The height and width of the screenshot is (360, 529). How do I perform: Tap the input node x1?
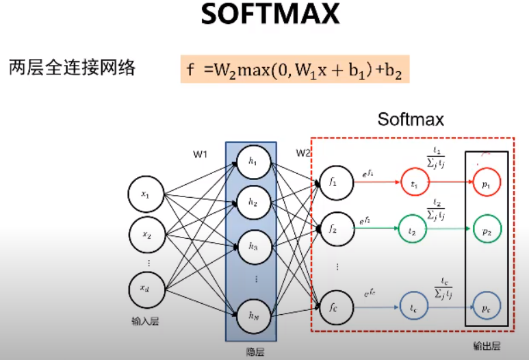[x=146, y=196]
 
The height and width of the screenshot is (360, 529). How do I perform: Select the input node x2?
[x=146, y=235]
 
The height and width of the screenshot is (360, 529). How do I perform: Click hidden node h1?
[x=253, y=162]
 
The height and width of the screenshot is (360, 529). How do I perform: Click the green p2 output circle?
[x=487, y=232]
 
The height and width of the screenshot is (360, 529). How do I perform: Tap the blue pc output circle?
[x=487, y=309]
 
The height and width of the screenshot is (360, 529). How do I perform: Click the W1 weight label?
[x=200, y=155]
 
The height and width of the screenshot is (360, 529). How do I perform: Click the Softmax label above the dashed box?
[x=411, y=120]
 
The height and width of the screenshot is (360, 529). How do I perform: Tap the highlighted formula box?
[x=295, y=69]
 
